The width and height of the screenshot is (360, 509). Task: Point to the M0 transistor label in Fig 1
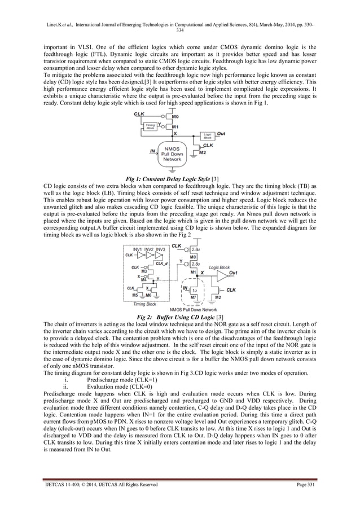pyautogui.click(x=175, y=117)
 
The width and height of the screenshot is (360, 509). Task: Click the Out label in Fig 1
pyautogui.click(x=222, y=134)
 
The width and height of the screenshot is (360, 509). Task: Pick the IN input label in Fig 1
pyautogui.click(x=152, y=151)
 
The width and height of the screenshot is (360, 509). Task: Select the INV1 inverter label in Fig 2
pyautogui.click(x=138, y=249)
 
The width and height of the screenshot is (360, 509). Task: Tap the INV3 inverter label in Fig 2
pyautogui.click(x=161, y=249)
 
